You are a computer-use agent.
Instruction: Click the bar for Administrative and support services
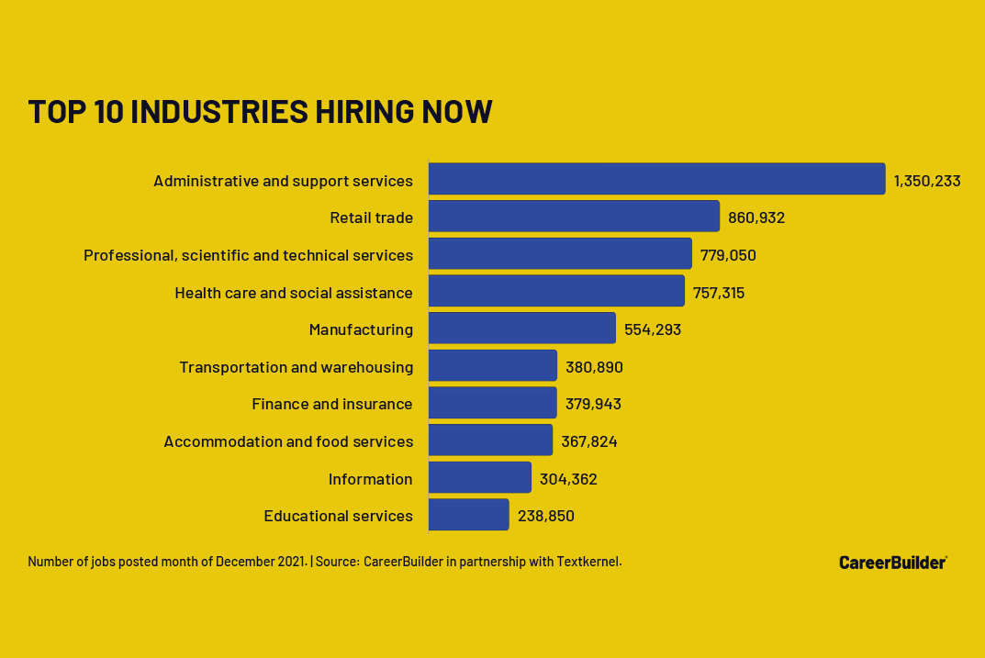click(656, 179)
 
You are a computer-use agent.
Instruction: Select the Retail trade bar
click(574, 217)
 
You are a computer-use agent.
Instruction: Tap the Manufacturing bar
click(521, 328)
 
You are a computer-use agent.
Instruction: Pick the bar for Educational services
click(468, 515)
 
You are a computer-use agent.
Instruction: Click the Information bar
click(479, 477)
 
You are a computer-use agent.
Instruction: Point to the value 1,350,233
click(927, 181)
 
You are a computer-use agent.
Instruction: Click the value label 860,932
click(756, 218)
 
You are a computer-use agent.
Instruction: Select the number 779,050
click(728, 255)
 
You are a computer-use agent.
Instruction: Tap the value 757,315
click(719, 293)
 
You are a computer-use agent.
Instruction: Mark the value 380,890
click(594, 367)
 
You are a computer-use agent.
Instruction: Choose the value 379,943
click(593, 404)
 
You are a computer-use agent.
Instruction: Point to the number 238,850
click(546, 516)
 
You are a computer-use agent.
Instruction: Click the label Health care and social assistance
click(294, 293)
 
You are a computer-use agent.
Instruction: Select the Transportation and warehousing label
click(296, 367)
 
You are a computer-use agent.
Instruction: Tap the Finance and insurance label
click(332, 404)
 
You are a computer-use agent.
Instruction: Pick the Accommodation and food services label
click(288, 441)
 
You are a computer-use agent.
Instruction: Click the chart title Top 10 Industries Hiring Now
click(260, 111)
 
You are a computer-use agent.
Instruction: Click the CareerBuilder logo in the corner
click(892, 562)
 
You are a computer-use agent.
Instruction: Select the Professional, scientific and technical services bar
click(560, 253)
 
